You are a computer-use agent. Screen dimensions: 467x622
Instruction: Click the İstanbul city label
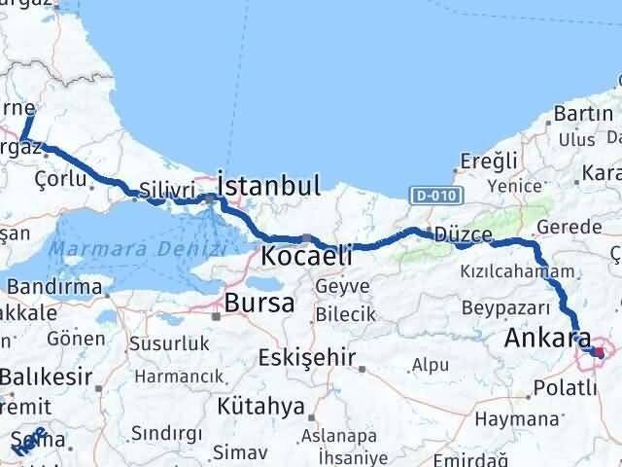(269, 186)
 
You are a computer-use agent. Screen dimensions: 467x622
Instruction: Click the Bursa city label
(259, 303)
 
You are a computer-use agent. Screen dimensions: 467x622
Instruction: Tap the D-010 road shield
(430, 196)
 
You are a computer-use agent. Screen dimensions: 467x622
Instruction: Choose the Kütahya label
(255, 405)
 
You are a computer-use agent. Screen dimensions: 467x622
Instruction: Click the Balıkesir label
(47, 377)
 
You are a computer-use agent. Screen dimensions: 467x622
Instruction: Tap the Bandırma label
(55, 287)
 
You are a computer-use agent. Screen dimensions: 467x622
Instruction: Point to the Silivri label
(160, 190)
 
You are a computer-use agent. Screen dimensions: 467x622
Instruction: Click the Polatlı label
(565, 388)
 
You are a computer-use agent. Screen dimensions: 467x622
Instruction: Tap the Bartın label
(578, 114)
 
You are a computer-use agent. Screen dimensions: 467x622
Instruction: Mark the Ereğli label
(481, 162)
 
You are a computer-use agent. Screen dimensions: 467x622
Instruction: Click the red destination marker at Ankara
(598, 355)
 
